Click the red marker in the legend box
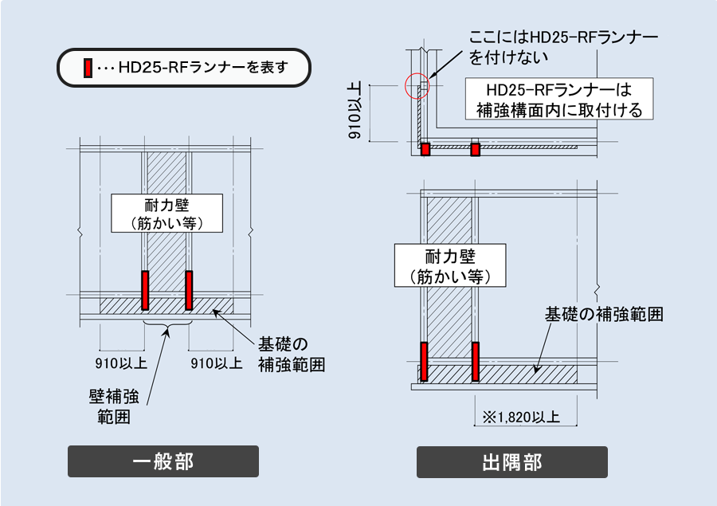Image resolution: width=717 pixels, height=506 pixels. point(88,69)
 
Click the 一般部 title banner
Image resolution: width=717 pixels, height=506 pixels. point(163,461)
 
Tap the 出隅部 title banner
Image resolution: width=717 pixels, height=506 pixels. point(511,461)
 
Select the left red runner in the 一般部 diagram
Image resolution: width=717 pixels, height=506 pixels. point(145,290)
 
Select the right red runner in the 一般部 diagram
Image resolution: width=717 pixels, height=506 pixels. point(189,290)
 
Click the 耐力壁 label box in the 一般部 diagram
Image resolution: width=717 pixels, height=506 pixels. point(166,213)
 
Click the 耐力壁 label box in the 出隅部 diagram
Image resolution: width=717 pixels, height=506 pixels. point(451,265)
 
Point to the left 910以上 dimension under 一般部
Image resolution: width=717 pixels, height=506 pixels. point(121,364)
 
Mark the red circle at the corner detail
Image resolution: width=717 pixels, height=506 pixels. point(417,85)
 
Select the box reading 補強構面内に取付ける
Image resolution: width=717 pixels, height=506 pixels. point(558,99)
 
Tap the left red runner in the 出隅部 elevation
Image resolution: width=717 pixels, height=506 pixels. point(425,361)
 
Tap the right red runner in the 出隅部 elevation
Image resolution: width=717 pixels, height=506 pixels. point(475,361)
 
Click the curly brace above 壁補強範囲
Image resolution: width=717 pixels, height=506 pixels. point(167,326)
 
